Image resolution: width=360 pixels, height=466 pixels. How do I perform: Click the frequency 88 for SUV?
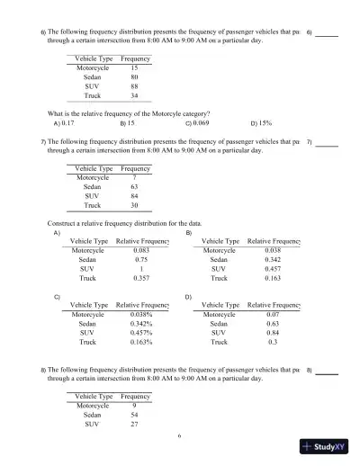pyautogui.click(x=134, y=86)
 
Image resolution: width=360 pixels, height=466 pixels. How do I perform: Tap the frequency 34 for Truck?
pyautogui.click(x=134, y=95)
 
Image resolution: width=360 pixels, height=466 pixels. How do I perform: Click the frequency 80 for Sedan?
pyautogui.click(x=134, y=77)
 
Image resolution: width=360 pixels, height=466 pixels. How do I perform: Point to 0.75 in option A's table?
pyautogui.click(x=141, y=258)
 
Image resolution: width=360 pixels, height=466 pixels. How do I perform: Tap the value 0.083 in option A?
pyautogui.click(x=141, y=249)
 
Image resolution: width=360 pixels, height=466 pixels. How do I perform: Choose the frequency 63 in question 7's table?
pyautogui.click(x=134, y=187)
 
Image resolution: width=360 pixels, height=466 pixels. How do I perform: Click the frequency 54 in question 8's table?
pyautogui.click(x=134, y=416)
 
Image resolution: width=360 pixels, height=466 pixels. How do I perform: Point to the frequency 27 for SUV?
pyautogui.click(x=134, y=425)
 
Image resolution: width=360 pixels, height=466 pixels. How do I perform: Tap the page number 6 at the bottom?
pyautogui.click(x=179, y=435)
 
